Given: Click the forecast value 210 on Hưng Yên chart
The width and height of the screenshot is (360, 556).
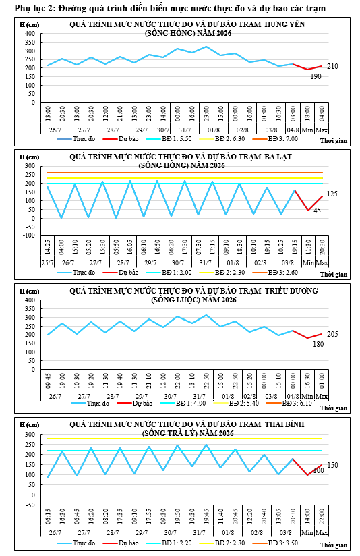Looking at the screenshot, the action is [332, 66].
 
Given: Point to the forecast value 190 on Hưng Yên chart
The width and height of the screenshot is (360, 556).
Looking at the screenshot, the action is [316, 76].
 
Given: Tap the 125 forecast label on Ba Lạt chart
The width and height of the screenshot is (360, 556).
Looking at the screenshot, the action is [332, 194].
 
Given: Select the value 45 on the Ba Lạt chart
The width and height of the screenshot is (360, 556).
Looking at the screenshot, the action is [317, 211].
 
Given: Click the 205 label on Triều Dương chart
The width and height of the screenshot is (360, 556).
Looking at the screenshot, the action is [332, 334].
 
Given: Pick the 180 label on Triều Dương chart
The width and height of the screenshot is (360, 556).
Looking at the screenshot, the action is [318, 344].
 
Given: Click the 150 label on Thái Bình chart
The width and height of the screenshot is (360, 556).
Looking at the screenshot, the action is [332, 465].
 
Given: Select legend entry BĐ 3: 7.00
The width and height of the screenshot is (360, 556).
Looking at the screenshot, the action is [275, 138].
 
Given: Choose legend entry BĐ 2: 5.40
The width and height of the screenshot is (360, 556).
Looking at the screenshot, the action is [236, 404].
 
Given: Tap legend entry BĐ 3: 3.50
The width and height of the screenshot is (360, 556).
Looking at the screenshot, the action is [275, 543].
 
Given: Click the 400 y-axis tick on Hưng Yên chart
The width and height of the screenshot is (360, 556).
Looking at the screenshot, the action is [30, 34].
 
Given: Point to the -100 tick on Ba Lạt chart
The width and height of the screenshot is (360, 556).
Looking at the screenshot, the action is [30, 235].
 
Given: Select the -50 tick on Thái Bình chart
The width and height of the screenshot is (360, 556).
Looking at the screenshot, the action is [31, 505].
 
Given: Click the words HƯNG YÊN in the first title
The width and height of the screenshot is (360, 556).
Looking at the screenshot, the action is [284, 24].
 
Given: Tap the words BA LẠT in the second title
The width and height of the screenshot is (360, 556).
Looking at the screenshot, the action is [278, 157].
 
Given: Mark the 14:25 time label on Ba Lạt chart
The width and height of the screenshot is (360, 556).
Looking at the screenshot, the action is [48, 246].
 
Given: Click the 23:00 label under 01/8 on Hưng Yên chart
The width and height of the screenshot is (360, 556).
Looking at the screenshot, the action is [206, 113].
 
